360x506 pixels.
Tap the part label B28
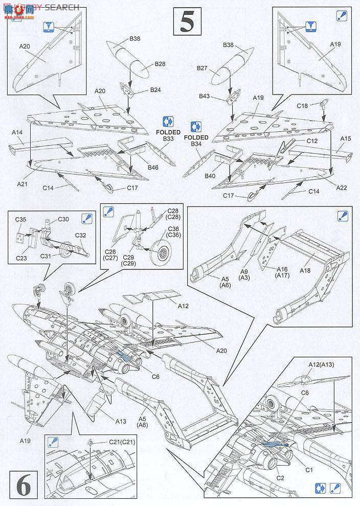click(161, 65)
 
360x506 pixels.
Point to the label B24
click(155, 90)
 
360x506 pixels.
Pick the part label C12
click(313, 141)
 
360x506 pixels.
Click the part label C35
click(20, 219)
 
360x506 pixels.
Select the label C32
click(81, 235)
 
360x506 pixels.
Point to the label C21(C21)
click(121, 442)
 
